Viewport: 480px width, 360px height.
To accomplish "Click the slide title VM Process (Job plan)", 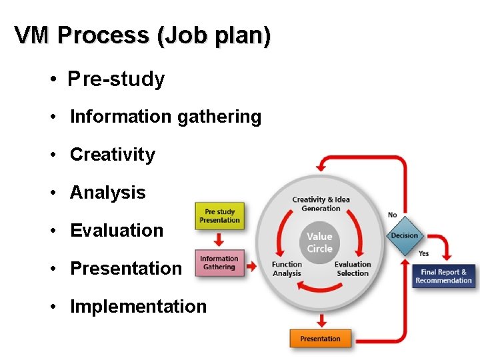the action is point(143,35).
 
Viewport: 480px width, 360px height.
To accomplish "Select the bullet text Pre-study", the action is point(117,79).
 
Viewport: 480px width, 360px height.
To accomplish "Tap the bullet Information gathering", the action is point(165,117).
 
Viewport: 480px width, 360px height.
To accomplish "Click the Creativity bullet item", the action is point(112,155).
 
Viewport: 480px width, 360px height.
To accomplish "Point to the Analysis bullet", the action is point(107,193).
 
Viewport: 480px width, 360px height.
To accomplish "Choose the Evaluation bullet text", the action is point(117,231).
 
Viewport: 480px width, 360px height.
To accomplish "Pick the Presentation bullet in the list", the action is point(125,269).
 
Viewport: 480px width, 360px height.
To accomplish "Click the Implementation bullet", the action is point(138,307).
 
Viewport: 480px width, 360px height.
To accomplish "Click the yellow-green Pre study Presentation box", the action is point(219,216).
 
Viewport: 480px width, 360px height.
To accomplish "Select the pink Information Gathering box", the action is point(219,263).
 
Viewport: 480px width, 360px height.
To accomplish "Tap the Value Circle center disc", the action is point(319,242).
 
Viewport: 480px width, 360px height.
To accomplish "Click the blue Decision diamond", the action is point(405,235).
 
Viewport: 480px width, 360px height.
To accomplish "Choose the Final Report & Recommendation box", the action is point(443,276).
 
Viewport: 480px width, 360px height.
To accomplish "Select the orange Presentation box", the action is point(320,339).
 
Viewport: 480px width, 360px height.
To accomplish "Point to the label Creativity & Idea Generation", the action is point(321,203).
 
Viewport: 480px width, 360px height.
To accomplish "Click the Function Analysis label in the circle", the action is point(287,269).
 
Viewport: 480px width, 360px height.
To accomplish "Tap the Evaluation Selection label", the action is point(353,269).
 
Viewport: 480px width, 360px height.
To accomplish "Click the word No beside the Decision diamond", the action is point(392,215).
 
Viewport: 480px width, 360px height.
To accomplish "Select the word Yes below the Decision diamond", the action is point(423,253).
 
